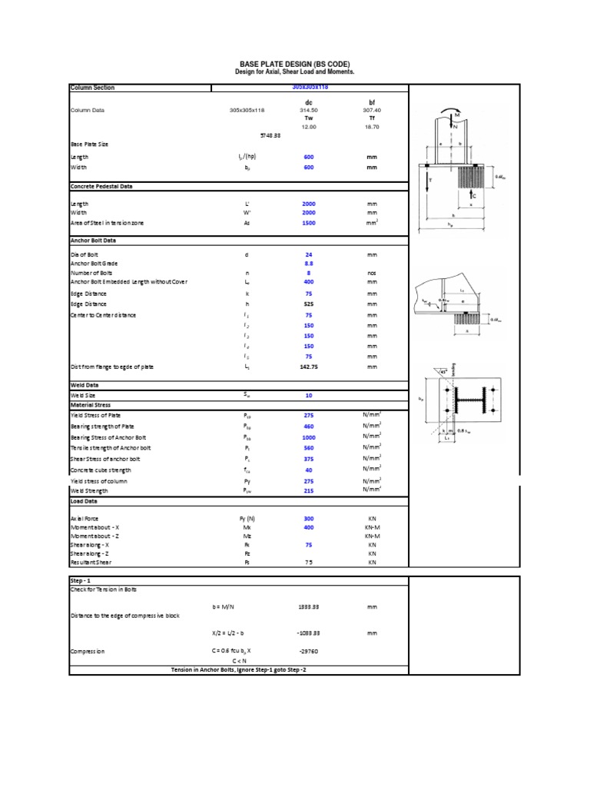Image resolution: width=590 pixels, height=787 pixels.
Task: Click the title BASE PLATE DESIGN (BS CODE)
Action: (295, 64)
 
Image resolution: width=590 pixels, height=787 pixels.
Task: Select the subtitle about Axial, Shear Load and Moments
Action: (295, 71)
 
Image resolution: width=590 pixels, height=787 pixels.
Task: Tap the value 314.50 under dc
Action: (309, 110)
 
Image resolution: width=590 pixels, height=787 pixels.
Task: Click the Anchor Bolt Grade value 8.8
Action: (309, 262)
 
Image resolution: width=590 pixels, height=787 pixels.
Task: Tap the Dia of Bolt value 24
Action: (309, 254)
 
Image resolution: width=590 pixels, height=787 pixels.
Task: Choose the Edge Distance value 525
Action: (309, 303)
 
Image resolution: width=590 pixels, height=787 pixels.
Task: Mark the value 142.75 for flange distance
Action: (309, 367)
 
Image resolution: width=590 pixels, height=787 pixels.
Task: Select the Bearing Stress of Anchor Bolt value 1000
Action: (309, 437)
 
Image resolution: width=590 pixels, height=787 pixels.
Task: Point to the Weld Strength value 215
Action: (309, 490)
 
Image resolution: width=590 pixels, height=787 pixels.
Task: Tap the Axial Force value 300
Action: (309, 519)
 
